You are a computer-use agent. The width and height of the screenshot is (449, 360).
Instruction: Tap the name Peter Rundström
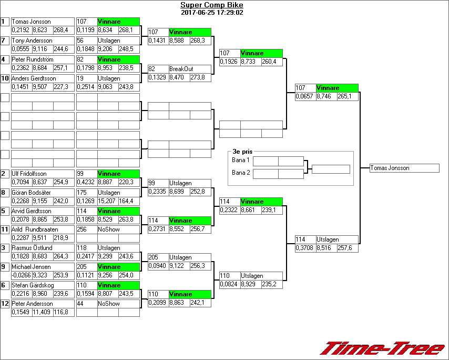[x=32, y=59]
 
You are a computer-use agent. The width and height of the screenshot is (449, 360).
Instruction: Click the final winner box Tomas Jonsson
[x=404, y=168]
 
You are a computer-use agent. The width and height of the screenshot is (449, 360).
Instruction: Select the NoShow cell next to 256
[x=108, y=229]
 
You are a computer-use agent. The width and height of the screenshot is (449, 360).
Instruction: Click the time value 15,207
[x=107, y=201]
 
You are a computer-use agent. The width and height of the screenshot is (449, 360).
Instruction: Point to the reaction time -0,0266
[x=21, y=275]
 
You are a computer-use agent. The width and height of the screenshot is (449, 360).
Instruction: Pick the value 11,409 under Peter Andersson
[x=42, y=312]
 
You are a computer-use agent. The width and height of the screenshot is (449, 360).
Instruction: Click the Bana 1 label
[x=241, y=160]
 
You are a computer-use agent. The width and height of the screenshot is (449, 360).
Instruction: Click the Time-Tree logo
[x=382, y=348]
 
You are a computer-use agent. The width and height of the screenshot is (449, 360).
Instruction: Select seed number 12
[x=5, y=304]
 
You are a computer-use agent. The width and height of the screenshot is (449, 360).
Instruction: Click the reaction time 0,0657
[x=305, y=96]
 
